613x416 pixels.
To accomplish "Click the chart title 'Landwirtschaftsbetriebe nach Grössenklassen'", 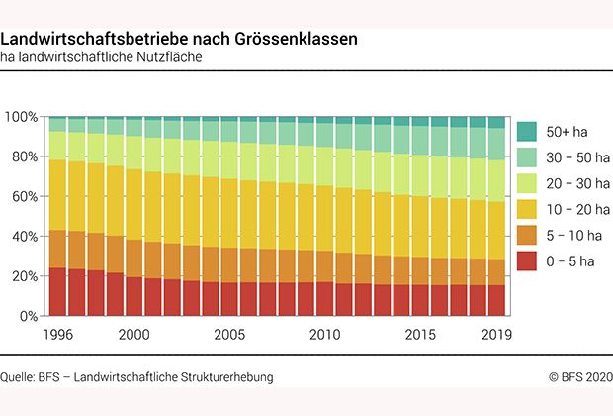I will click(179, 39).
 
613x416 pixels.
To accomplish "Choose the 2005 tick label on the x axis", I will click(229, 334).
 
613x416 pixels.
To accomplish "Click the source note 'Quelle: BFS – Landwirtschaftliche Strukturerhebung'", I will click(136, 377).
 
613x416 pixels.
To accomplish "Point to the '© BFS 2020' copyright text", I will click(581, 377).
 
